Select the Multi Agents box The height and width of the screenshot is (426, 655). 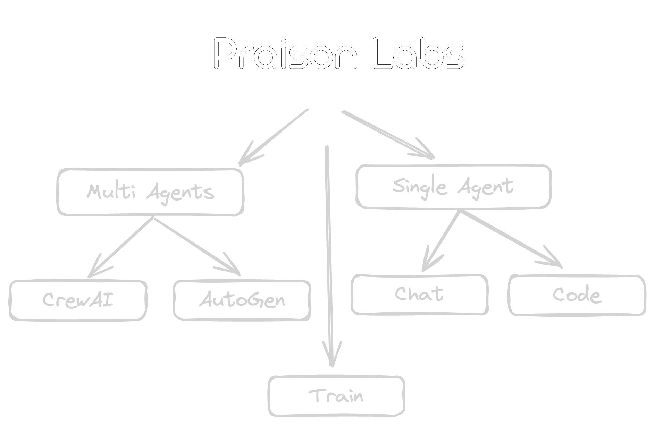(x=150, y=192)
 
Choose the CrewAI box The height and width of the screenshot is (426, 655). (x=78, y=300)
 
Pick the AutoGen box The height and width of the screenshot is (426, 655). (x=242, y=300)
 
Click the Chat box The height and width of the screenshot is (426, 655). (x=419, y=295)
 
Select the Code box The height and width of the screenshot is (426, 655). (x=577, y=295)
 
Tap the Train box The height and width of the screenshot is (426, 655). (x=336, y=396)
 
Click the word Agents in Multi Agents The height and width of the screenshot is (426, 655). (x=180, y=193)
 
